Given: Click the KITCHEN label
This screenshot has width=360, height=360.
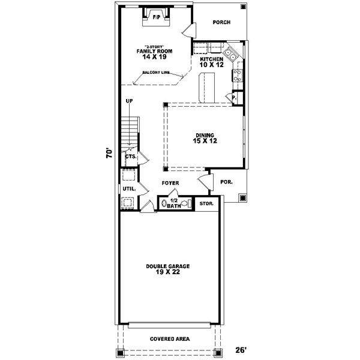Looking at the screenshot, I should click(x=212, y=59).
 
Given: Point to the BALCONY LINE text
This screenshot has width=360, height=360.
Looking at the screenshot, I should click(x=156, y=73).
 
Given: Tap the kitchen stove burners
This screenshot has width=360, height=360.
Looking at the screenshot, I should click(x=238, y=75).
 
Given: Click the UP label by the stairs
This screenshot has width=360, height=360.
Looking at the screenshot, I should click(x=129, y=101).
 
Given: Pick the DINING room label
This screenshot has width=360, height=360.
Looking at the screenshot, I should click(x=205, y=135).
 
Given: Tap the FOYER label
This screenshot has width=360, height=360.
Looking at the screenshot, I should click(x=170, y=183).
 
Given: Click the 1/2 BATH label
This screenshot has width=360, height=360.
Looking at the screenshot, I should click(x=174, y=203).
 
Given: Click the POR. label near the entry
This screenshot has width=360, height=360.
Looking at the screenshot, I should click(x=227, y=182).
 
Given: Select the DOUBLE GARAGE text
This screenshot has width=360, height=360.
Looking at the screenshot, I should click(x=168, y=266).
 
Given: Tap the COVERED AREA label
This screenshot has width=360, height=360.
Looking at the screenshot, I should click(x=170, y=339).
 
